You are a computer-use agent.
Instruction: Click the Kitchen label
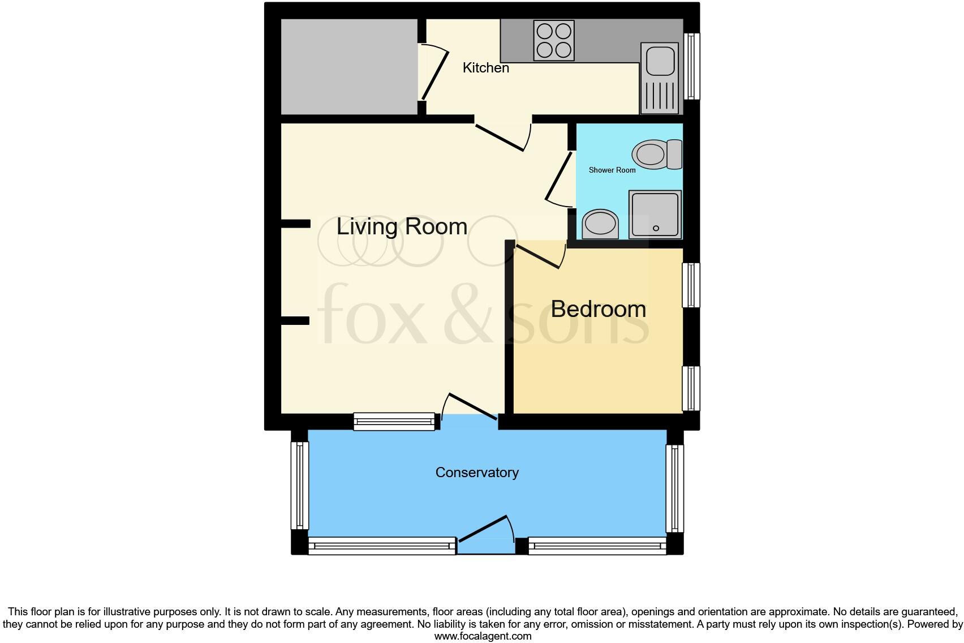[485, 68]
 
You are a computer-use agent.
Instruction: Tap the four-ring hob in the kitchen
[554, 40]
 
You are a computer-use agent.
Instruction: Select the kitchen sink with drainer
[659, 78]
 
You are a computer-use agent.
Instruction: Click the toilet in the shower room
[656, 154]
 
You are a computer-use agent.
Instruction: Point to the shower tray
[655, 215]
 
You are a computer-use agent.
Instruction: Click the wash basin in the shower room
[600, 224]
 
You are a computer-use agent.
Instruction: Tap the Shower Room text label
[612, 170]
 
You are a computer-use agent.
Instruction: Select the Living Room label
[402, 227]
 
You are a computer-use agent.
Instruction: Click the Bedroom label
[598, 309]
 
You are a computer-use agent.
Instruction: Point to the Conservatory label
[476, 473]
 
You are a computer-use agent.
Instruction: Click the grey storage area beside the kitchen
[349, 67]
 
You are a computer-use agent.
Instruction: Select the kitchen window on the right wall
[691, 66]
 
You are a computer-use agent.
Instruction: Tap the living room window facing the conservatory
[394, 421]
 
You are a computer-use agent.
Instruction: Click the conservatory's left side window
[299, 486]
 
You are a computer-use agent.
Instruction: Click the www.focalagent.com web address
[483, 636]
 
